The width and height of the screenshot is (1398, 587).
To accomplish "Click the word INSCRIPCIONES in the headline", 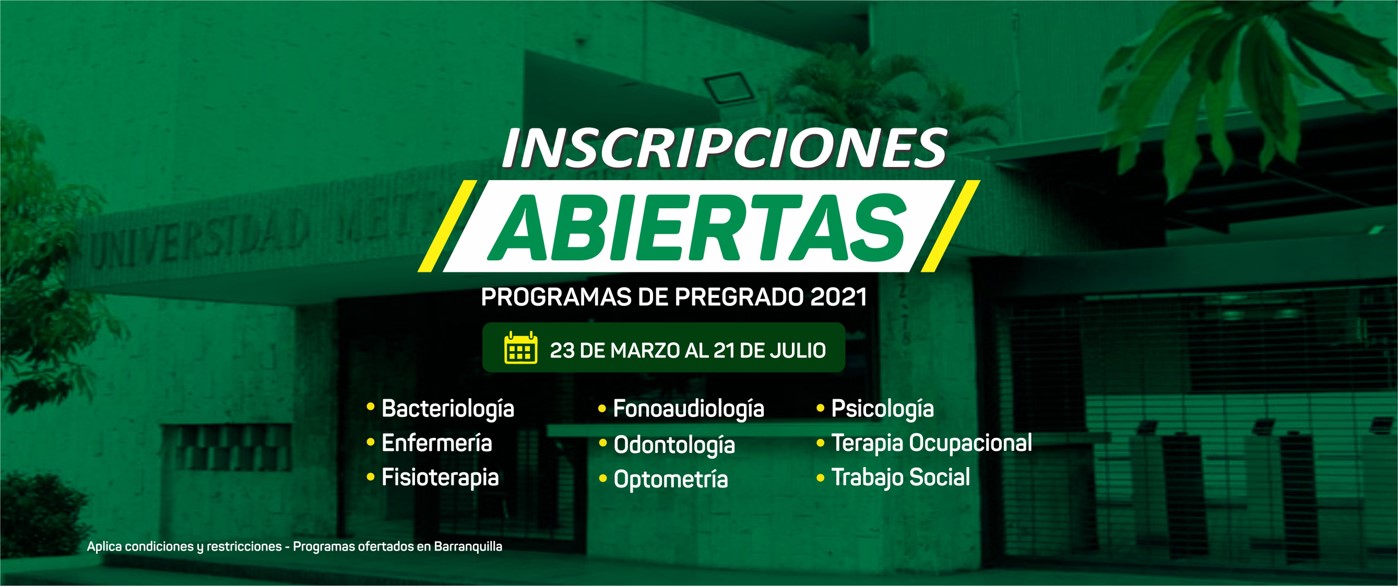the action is pyautogui.click(x=724, y=148).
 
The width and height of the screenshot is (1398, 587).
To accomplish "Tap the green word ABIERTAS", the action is pyautogui.click(x=697, y=228).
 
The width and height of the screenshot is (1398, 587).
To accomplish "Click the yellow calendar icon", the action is pyautogui.click(x=521, y=348).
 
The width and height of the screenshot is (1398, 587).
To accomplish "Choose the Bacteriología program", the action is pyautogui.click(x=447, y=409).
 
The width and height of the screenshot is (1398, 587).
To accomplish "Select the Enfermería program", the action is pyautogui.click(x=436, y=443).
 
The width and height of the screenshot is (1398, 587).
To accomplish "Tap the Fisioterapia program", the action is pyautogui.click(x=440, y=478).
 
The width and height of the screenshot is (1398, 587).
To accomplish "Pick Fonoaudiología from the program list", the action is pyautogui.click(x=688, y=409).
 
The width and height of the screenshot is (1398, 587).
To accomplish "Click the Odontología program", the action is pyautogui.click(x=674, y=445).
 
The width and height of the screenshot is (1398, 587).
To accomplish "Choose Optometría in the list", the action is pyautogui.click(x=670, y=479).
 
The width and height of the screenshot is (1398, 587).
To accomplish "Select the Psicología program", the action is pyautogui.click(x=882, y=409).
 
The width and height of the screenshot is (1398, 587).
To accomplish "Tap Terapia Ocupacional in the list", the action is pyautogui.click(x=931, y=444).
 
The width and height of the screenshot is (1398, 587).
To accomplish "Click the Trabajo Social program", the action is pyautogui.click(x=901, y=477).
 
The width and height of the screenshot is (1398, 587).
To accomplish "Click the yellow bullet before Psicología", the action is pyautogui.click(x=821, y=409).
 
